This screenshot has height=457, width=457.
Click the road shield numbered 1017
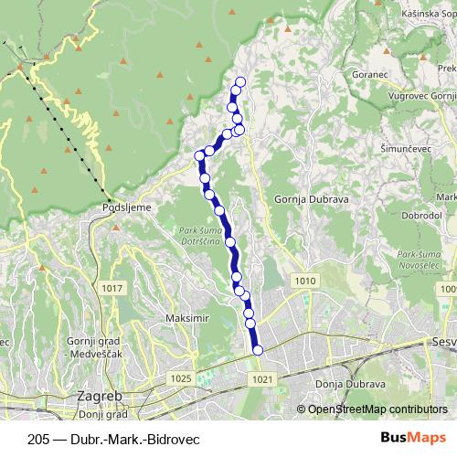coord(112,288)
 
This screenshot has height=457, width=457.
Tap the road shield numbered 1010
coord(305,280)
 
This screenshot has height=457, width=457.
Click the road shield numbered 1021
coord(261,377)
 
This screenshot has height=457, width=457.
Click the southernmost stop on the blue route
coord(257,349)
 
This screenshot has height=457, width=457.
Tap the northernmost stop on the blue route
coord(240,82)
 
